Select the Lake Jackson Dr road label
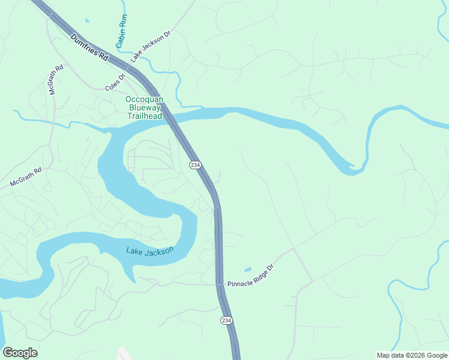151,46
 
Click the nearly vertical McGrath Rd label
55,80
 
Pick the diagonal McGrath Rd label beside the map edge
26,178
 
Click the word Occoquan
144,99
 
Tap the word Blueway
144,107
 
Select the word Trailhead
144,116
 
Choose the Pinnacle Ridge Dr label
250,274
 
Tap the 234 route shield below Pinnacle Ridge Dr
226,320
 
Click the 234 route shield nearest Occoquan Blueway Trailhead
194,165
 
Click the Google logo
20,353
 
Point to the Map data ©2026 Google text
411,355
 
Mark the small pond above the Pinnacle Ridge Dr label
248,269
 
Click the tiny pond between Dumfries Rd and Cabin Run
88,21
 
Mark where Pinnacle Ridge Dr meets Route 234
219,284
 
